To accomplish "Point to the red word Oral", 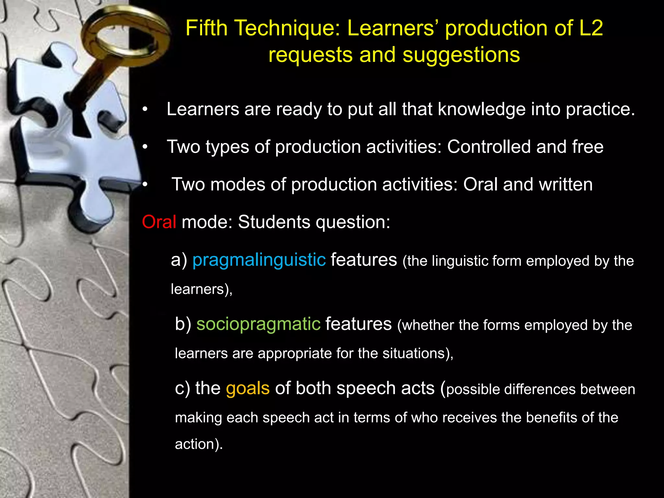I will (159, 222).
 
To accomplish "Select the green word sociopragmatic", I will (258, 324).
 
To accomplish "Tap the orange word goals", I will (248, 388).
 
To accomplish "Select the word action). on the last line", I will (199, 444).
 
